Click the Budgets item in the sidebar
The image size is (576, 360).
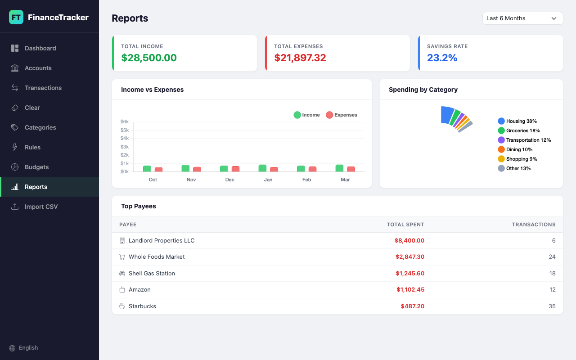(x=36, y=167)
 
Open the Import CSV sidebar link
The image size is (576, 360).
(x=41, y=207)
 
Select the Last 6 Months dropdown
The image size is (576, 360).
(x=522, y=18)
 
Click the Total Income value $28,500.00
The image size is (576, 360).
(x=149, y=58)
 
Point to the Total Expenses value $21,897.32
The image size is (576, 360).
(x=300, y=58)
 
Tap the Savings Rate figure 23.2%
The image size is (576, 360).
(x=442, y=58)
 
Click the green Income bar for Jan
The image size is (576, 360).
(x=262, y=168)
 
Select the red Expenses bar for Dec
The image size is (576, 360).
(x=235, y=169)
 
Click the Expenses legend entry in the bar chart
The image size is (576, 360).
(x=342, y=115)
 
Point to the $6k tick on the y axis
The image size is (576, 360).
(x=125, y=121)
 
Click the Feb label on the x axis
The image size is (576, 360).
(x=306, y=180)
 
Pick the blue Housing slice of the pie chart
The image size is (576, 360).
(x=447, y=115)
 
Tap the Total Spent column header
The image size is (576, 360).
(x=405, y=225)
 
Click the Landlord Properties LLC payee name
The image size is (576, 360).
(x=162, y=241)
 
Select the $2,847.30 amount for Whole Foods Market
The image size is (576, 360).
(x=409, y=257)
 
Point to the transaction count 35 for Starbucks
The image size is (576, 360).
(x=552, y=306)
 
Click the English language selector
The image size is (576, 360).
(x=28, y=348)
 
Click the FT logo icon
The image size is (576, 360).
(x=16, y=18)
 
